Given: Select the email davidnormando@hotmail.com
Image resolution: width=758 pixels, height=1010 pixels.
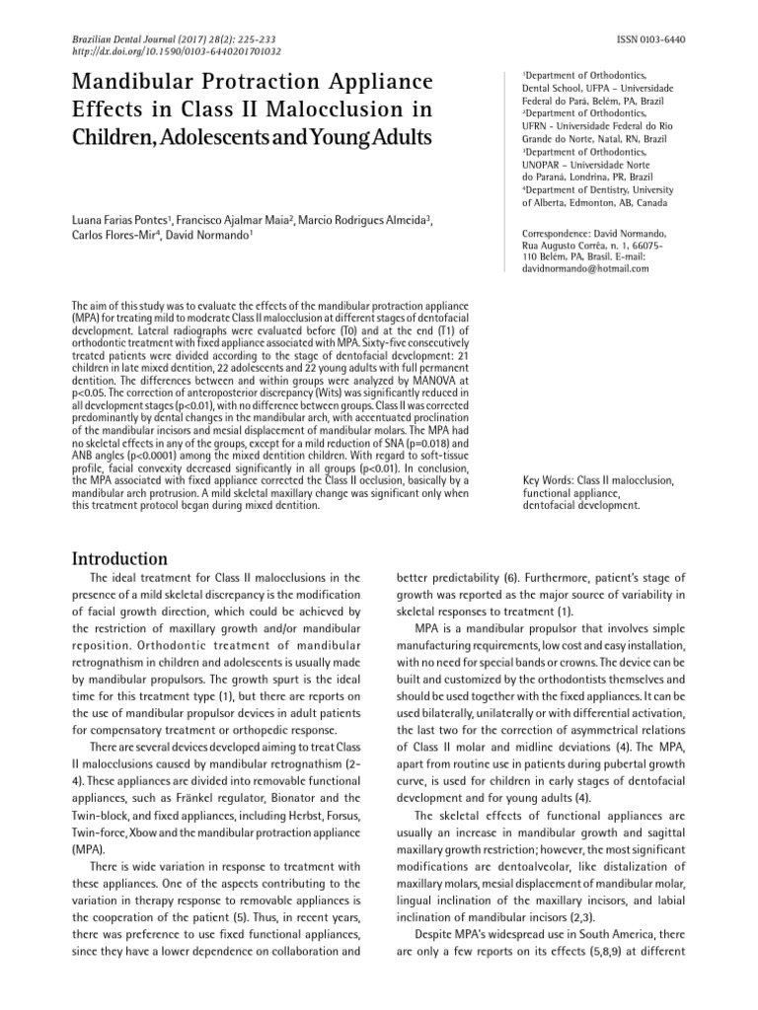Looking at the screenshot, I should point(585,268).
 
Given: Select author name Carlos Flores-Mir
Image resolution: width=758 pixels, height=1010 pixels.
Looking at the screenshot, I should point(113,236).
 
